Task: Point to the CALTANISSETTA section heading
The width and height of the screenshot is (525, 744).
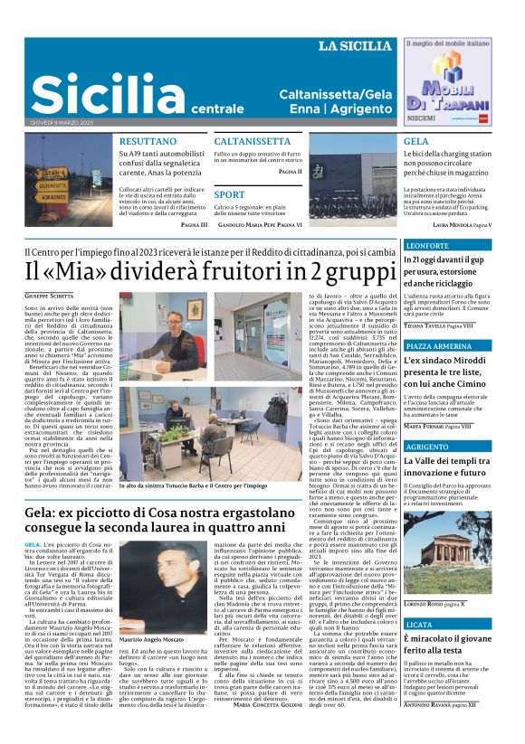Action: point(253,142)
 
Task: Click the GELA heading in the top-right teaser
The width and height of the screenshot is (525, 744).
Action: point(416,142)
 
